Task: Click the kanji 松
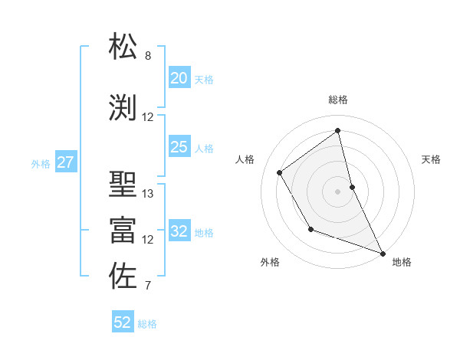tap(123, 47)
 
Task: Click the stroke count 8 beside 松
tap(148, 56)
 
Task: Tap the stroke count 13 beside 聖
tap(148, 194)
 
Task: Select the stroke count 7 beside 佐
tap(148, 286)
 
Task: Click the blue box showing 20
tap(179, 78)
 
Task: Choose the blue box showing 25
tap(179, 147)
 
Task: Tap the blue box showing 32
tap(179, 231)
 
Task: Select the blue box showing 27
tap(65, 162)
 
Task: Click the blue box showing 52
tap(123, 322)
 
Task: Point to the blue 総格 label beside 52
tap(147, 324)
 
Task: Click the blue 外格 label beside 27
tap(41, 163)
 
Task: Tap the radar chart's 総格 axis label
tap(337, 100)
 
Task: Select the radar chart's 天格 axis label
tap(432, 159)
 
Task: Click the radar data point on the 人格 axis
tap(280, 172)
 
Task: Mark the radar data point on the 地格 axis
tap(383, 254)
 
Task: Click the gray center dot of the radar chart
tap(337, 191)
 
